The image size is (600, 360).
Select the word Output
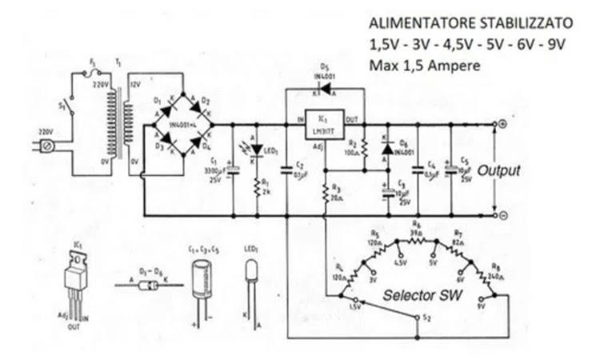pos(499,170)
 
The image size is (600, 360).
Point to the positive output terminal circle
pos(502,125)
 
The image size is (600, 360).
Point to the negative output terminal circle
pos(502,216)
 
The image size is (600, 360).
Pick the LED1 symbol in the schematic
pos(257,150)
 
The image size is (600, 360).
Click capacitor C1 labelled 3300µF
pos(231,170)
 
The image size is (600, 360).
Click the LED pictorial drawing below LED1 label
pos(252,280)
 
